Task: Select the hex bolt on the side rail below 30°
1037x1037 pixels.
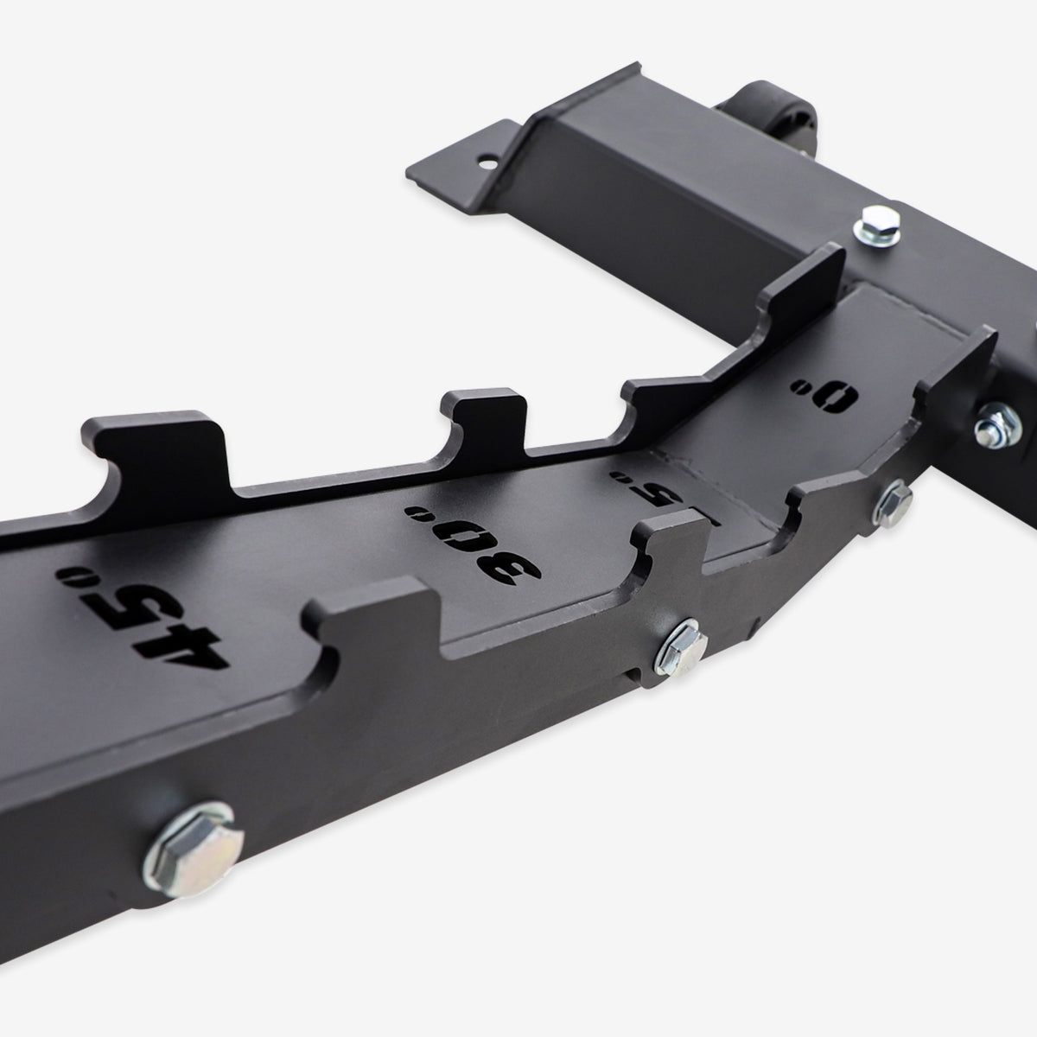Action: tap(683, 643)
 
